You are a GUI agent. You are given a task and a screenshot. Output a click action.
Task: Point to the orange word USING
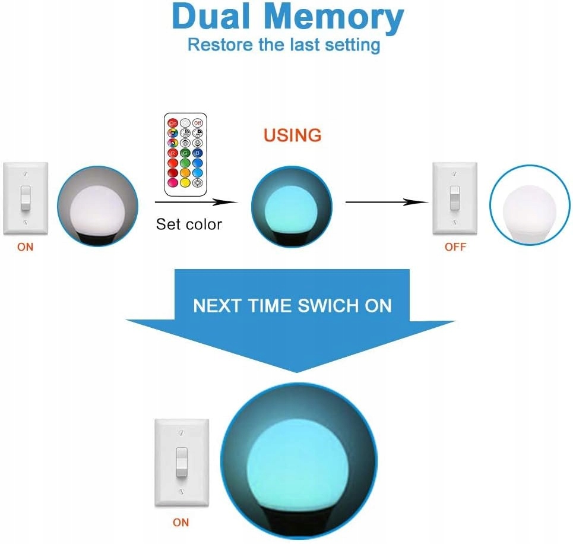(x=292, y=135)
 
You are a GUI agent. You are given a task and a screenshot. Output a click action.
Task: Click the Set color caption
(x=188, y=224)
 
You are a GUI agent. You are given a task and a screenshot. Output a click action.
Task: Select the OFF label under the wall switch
(x=455, y=247)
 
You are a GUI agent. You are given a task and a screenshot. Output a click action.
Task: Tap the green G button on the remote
(x=185, y=152)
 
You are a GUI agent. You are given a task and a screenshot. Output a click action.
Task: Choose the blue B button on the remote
(x=197, y=152)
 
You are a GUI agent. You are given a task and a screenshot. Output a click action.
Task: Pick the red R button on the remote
(x=173, y=152)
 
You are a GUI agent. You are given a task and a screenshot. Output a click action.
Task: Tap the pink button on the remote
(x=173, y=182)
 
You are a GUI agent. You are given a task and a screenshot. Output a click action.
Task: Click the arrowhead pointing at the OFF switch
(x=423, y=202)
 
